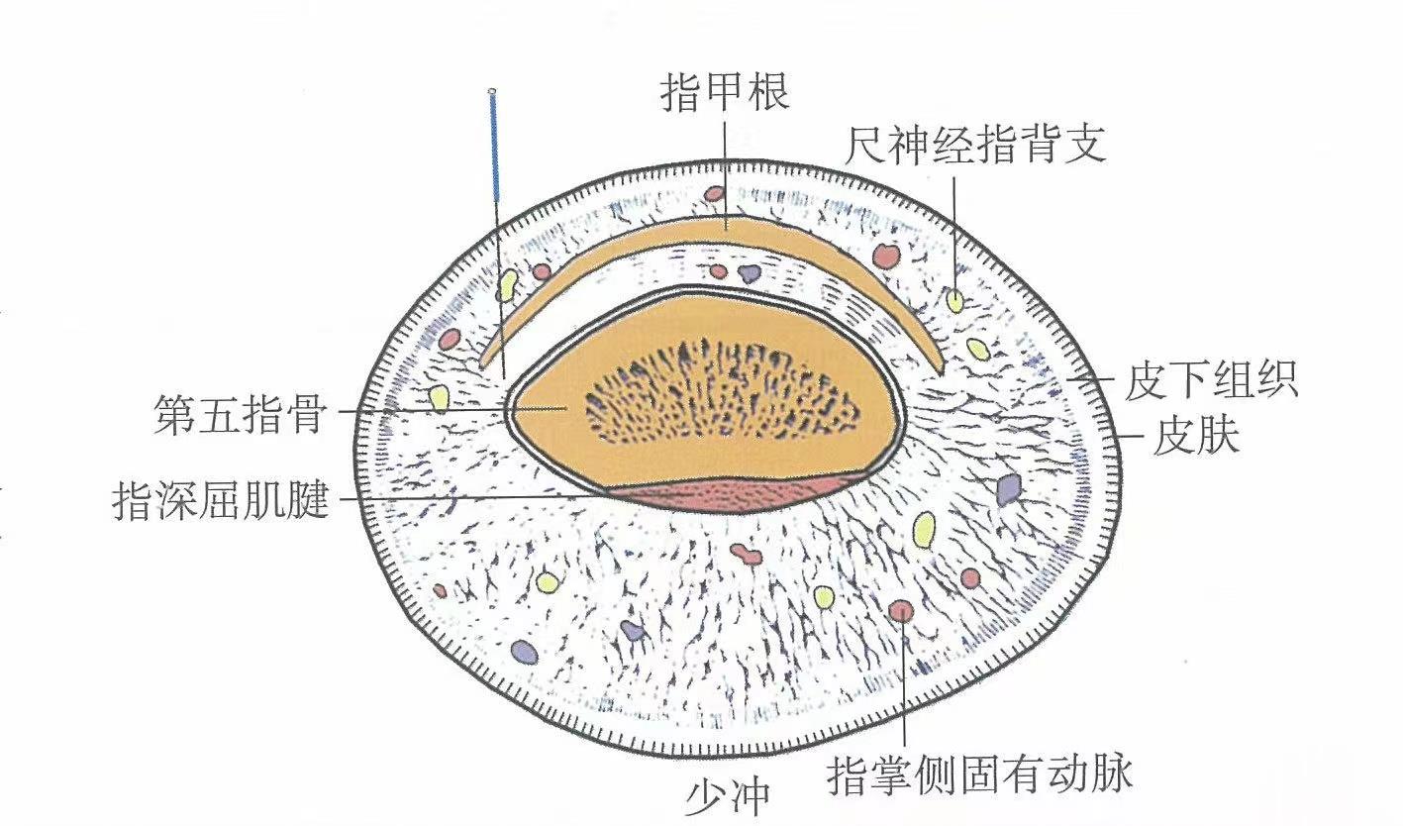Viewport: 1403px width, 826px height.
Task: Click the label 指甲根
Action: click(724, 97)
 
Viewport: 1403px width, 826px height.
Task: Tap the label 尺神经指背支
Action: click(974, 146)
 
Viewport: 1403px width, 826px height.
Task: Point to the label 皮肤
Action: click(1196, 437)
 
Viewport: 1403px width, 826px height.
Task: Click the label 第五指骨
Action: click(240, 412)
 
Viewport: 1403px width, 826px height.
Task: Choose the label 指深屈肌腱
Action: click(220, 500)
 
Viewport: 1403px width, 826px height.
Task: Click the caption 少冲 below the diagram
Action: click(727, 797)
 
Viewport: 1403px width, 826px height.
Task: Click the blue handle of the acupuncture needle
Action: click(494, 149)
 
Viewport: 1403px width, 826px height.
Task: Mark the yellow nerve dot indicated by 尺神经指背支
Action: click(954, 300)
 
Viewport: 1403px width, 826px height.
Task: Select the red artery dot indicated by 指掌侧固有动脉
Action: click(900, 610)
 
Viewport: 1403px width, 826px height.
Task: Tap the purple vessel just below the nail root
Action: click(750, 272)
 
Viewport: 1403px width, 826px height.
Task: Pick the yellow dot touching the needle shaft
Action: click(508, 285)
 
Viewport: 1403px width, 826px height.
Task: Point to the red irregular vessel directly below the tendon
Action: click(746, 554)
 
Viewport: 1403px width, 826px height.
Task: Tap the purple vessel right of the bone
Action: click(1008, 488)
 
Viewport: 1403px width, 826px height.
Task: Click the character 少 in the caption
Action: click(705, 797)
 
